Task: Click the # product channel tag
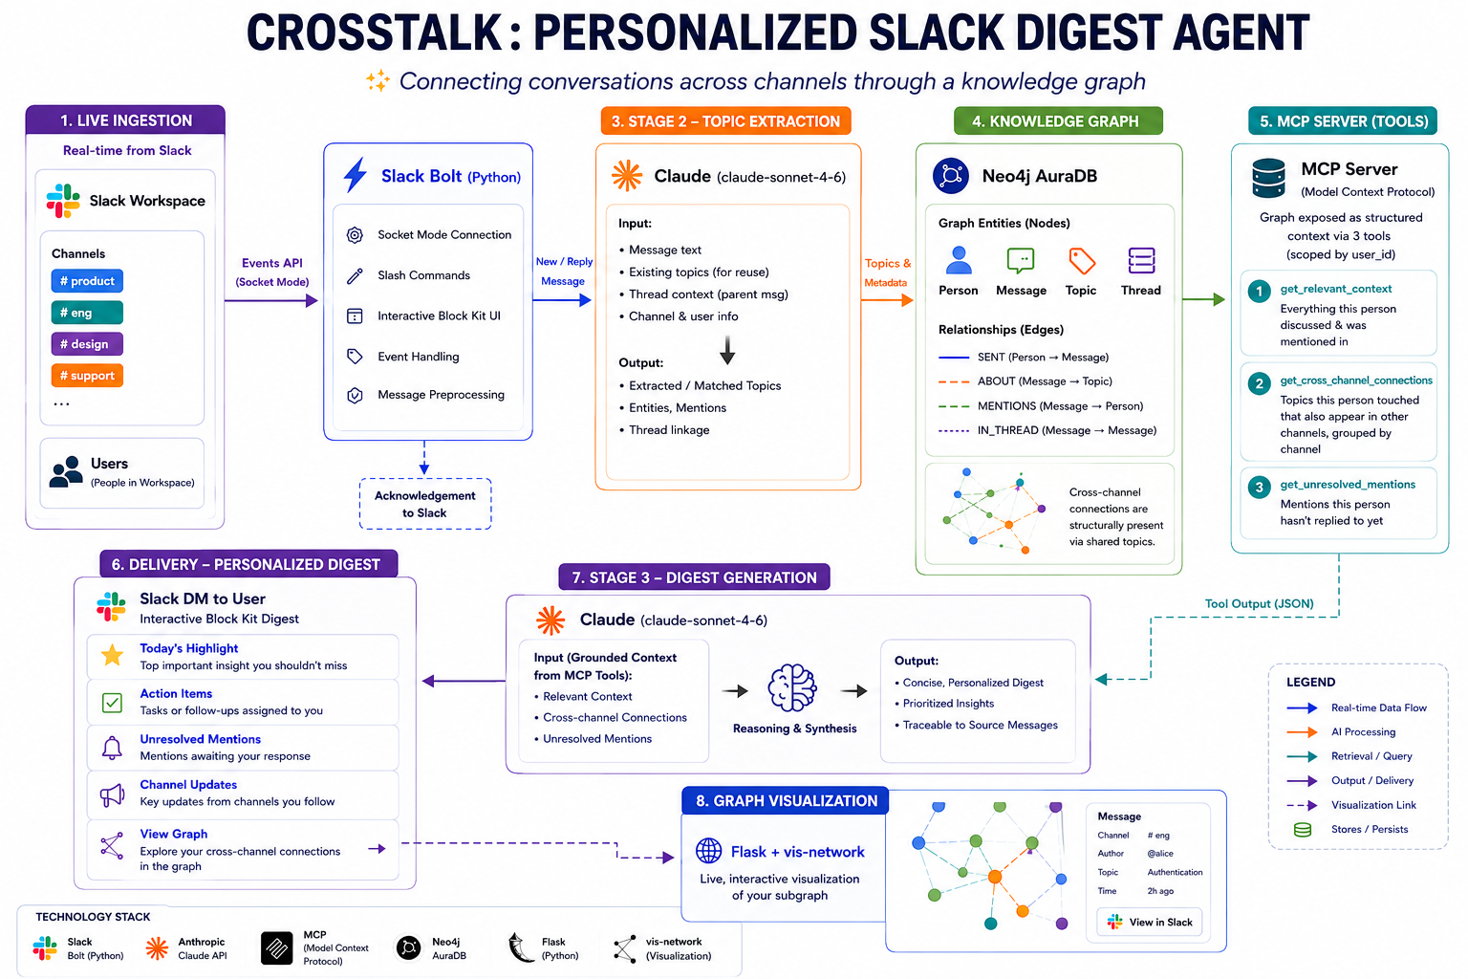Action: click(x=87, y=281)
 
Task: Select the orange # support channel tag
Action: click(x=87, y=376)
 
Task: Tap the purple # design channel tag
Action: click(x=87, y=344)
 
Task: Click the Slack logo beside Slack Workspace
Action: click(x=63, y=201)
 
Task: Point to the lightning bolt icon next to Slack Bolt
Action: click(x=356, y=175)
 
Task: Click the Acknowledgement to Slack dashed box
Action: click(x=424, y=504)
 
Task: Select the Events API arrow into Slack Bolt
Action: click(x=271, y=300)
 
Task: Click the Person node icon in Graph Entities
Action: click(x=959, y=260)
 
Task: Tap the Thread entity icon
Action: click(x=1141, y=260)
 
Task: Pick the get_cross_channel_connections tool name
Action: click(x=1356, y=381)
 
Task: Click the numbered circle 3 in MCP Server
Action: click(x=1259, y=487)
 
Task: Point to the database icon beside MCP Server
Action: click(x=1269, y=179)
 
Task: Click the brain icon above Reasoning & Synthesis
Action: click(x=792, y=687)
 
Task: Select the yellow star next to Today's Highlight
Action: click(x=112, y=655)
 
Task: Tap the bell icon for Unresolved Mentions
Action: click(x=112, y=747)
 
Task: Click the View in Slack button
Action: click(x=1149, y=922)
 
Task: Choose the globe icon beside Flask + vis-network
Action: click(x=708, y=851)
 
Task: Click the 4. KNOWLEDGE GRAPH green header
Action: click(x=1058, y=121)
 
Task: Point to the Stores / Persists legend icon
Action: click(x=1303, y=830)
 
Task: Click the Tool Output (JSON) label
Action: click(x=1259, y=603)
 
